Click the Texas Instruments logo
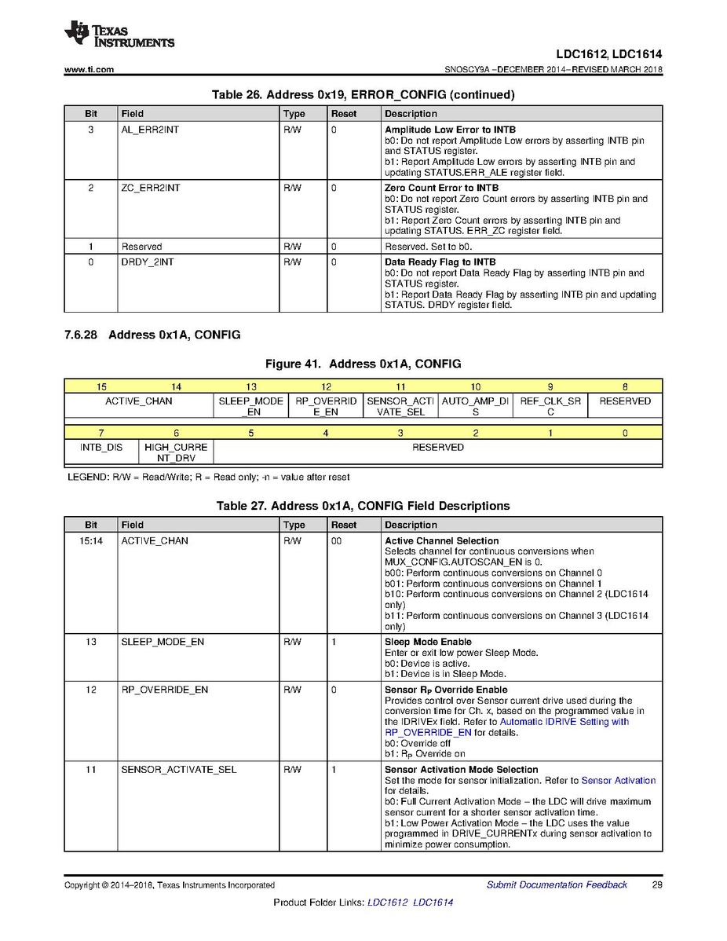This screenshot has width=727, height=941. (x=119, y=35)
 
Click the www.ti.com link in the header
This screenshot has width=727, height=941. (x=89, y=70)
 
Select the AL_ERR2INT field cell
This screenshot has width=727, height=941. (x=150, y=130)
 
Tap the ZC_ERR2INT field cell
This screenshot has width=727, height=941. (x=151, y=189)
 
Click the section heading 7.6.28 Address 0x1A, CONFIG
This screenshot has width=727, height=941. (x=152, y=335)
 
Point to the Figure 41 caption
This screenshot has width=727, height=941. (x=363, y=364)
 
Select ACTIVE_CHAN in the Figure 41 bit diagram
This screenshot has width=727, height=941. (x=139, y=401)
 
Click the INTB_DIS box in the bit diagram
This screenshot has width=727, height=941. (x=101, y=448)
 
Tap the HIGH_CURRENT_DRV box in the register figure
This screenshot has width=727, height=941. (x=176, y=452)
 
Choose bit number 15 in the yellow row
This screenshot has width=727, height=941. (x=102, y=387)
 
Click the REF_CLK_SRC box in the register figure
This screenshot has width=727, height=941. (x=550, y=406)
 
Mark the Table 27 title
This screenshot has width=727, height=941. (x=363, y=506)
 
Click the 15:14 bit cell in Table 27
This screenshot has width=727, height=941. (x=91, y=541)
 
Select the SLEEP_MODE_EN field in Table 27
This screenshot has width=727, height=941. (x=163, y=643)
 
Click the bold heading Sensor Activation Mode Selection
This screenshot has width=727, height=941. (x=461, y=770)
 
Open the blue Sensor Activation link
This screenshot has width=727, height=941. (x=618, y=781)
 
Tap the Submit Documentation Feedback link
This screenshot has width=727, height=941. (x=557, y=885)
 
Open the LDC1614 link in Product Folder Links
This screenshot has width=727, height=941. (x=433, y=903)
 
